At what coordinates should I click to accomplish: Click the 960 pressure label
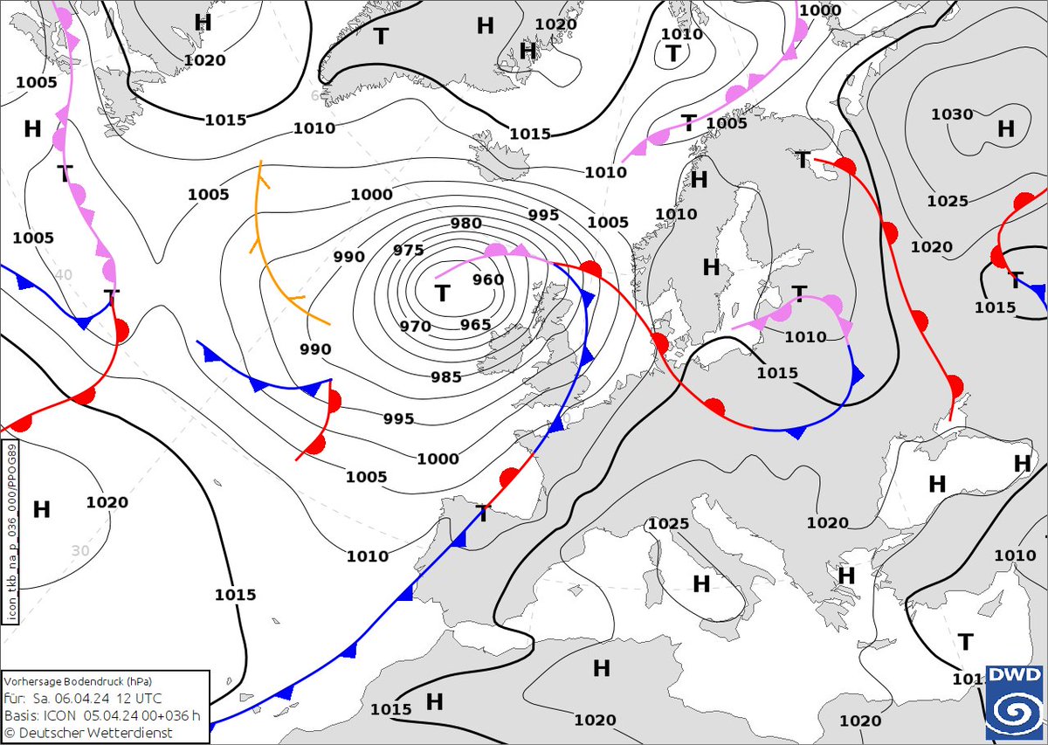click(x=488, y=279)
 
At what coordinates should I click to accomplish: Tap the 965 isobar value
click(x=475, y=325)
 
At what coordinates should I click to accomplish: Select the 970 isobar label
click(x=416, y=327)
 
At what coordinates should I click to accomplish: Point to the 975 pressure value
click(x=408, y=251)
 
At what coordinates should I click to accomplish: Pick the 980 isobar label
click(x=465, y=224)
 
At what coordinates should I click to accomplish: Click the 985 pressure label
click(x=445, y=377)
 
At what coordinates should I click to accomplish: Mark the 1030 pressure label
click(x=951, y=114)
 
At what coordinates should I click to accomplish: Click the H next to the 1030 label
click(x=1006, y=129)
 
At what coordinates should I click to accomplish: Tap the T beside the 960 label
click(x=443, y=293)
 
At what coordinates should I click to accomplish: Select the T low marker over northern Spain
click(x=482, y=514)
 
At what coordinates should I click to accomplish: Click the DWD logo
click(x=1015, y=703)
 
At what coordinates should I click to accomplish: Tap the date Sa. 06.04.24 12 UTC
click(x=86, y=698)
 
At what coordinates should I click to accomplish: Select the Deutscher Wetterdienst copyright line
click(x=88, y=732)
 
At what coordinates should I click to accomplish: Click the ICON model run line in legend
click(x=101, y=715)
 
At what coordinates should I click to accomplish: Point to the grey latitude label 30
click(x=80, y=551)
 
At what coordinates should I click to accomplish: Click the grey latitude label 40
click(x=63, y=274)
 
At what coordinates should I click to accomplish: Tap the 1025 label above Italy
click(x=668, y=524)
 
